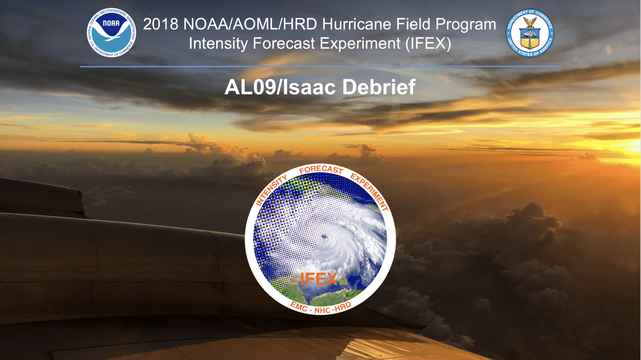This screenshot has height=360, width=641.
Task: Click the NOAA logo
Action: click(111, 32)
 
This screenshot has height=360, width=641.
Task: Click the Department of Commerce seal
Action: click(530, 33)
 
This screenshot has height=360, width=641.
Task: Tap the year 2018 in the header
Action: click(161, 24)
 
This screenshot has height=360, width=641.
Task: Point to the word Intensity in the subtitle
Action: click(218, 44)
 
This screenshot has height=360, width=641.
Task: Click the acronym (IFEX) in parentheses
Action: click(428, 44)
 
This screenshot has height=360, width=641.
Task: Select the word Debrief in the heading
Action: click(379, 87)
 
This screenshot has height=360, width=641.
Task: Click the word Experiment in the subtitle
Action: click(360, 44)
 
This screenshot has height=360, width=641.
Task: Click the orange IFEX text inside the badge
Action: click(318, 279)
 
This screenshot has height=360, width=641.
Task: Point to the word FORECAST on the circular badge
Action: click(321, 169)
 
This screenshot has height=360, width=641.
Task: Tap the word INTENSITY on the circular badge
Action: click(271, 191)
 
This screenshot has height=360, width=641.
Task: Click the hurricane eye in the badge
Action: click(324, 237)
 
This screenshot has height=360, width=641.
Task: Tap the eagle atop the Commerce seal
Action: click(530, 22)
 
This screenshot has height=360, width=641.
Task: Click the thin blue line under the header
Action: click(320, 66)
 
